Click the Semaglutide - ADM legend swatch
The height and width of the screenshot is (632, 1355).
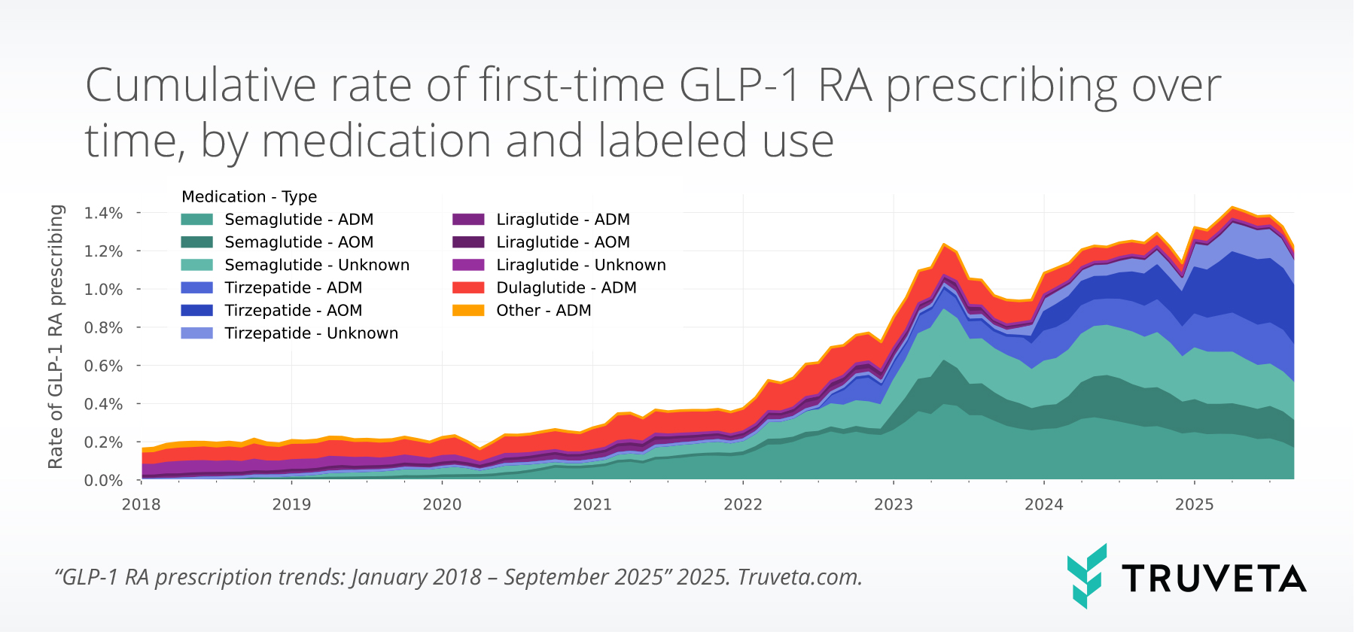[196, 220]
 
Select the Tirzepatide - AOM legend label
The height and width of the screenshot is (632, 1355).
[293, 311]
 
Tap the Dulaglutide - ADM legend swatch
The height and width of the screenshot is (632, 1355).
[467, 288]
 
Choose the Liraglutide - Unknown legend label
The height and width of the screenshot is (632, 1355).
[580, 266]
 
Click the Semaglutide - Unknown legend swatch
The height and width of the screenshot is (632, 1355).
[196, 266]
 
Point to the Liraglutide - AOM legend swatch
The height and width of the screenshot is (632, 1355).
[467, 242]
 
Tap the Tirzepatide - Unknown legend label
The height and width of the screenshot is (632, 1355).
[311, 333]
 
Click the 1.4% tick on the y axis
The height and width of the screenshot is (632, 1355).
[103, 213]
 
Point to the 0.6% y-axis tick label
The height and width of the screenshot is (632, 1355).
[103, 366]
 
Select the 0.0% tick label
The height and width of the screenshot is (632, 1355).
[103, 480]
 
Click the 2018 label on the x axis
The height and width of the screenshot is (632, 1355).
[142, 504]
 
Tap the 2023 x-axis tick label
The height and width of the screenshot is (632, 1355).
[894, 504]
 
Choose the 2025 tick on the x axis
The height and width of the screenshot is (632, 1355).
[1195, 504]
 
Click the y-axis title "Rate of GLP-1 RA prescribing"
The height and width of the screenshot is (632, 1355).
[56, 336]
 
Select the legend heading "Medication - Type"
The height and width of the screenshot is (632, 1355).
[249, 197]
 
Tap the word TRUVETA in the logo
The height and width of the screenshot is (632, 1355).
[1213, 579]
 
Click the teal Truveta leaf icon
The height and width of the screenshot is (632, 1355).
[1086, 576]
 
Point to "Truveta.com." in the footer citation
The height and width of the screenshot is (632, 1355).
[799, 577]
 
